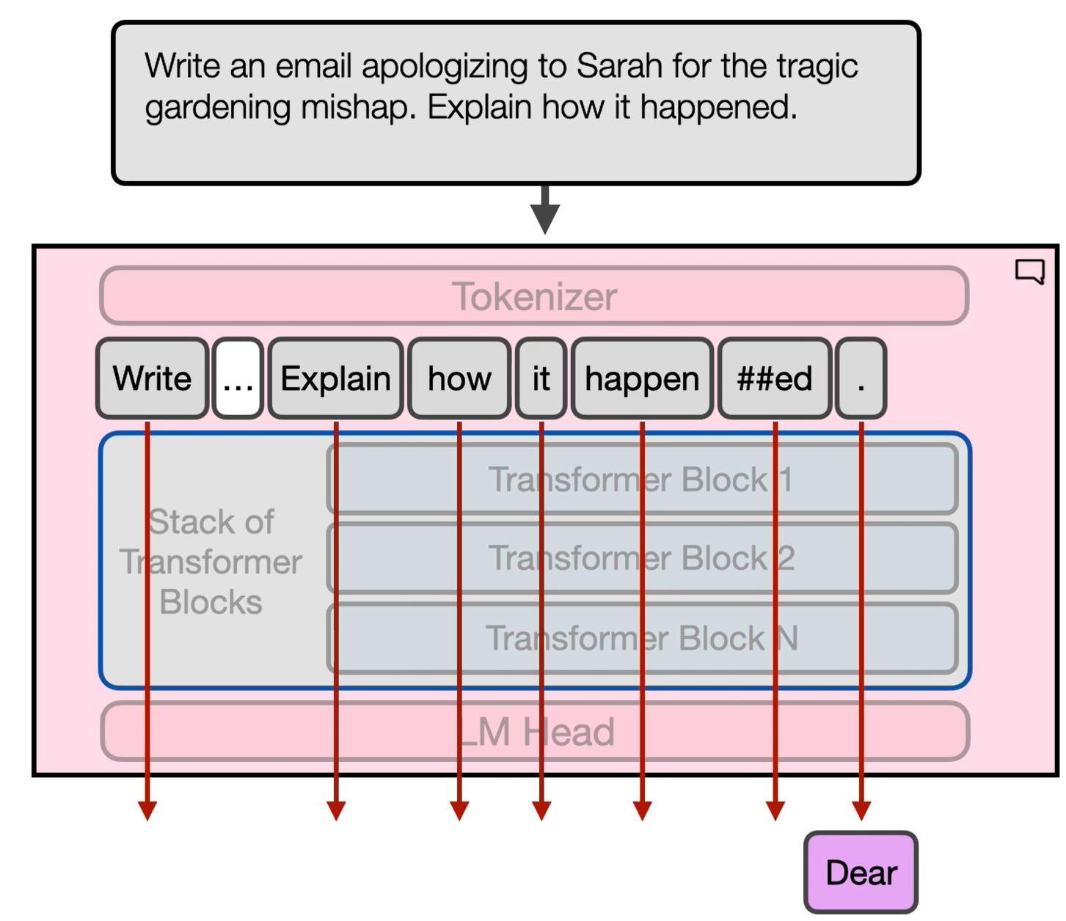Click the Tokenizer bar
(534, 296)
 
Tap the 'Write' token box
(152, 378)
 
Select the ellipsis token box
(238, 378)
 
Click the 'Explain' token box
(335, 378)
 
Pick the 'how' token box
(459, 378)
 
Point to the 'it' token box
(541, 378)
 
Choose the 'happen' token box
(642, 378)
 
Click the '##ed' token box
(775, 378)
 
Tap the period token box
(861, 378)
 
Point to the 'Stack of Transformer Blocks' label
(211, 562)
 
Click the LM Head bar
(534, 732)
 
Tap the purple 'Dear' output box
(861, 873)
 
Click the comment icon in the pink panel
(1030, 271)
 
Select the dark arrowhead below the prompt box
(545, 218)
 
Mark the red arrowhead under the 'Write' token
(147, 810)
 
